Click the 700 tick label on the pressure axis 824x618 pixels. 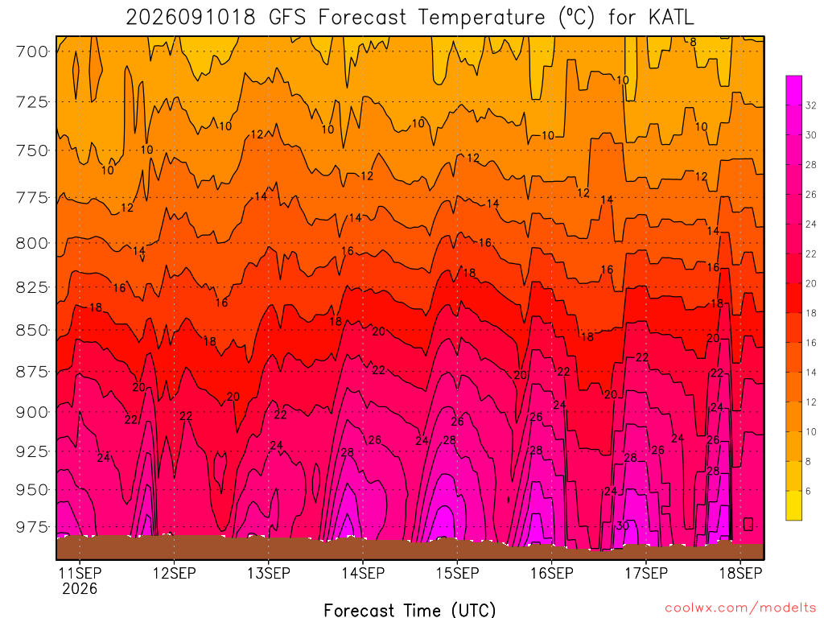(x=31, y=52)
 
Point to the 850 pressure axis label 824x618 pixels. (x=31, y=331)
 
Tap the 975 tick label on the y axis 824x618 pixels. (x=31, y=527)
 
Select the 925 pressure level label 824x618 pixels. (x=31, y=451)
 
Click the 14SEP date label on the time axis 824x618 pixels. (x=363, y=573)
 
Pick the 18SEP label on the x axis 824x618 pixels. (x=740, y=573)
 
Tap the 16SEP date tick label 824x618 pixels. (x=552, y=573)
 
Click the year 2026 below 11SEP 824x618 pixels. (x=80, y=589)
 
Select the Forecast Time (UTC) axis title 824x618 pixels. (x=410, y=610)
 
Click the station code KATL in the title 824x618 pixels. (x=671, y=18)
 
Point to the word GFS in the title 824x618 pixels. (x=287, y=18)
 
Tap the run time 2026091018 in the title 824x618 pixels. (x=191, y=18)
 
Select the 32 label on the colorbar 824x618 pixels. (x=811, y=105)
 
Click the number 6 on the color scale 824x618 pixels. (x=808, y=492)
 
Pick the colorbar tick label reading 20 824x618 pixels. (x=811, y=284)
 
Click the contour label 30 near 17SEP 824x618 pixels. (x=623, y=525)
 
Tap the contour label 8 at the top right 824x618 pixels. (x=693, y=42)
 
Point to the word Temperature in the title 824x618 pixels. (x=482, y=18)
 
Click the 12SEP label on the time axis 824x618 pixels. (x=175, y=573)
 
